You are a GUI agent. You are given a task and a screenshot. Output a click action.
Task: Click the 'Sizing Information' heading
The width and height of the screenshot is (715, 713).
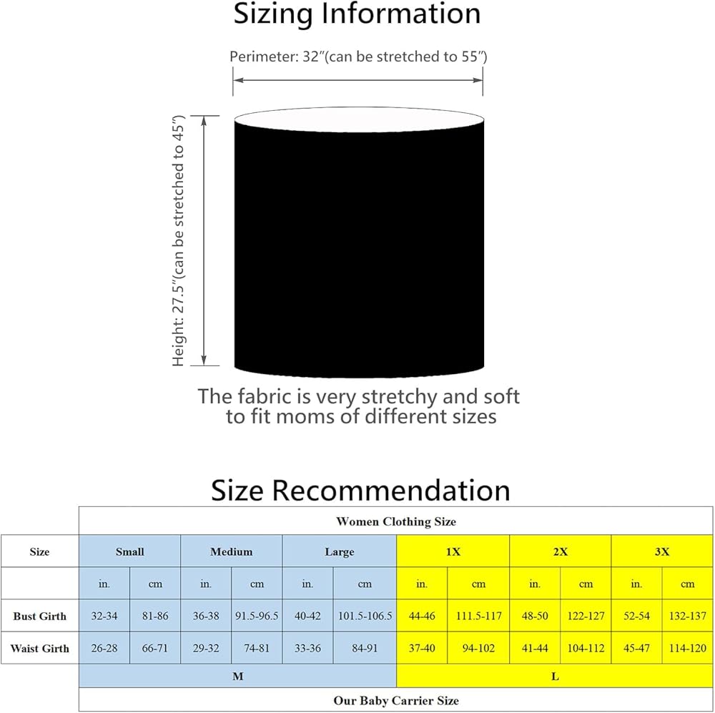point(357,14)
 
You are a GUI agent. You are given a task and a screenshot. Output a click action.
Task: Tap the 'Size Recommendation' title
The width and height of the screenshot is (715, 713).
point(360,491)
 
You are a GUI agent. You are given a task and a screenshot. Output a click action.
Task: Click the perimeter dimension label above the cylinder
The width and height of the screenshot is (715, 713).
point(358,56)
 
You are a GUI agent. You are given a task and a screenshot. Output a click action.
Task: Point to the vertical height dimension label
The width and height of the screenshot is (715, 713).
point(178,240)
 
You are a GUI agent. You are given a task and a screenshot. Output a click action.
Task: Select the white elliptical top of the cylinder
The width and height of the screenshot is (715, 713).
point(359,120)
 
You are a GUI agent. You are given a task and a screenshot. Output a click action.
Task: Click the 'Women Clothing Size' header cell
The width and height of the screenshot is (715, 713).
point(396,521)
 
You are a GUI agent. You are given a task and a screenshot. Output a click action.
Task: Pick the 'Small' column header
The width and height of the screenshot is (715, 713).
point(130,551)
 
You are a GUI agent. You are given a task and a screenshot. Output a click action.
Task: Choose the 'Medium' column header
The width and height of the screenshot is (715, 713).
point(231,551)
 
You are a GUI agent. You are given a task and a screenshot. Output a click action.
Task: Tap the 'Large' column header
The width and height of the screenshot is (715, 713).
point(339,551)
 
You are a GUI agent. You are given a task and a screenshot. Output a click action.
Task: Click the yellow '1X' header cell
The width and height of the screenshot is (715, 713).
point(453,551)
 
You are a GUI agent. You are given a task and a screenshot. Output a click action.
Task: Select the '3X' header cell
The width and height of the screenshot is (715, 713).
point(662,551)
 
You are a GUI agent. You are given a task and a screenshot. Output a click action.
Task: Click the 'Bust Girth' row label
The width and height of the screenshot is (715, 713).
point(39,616)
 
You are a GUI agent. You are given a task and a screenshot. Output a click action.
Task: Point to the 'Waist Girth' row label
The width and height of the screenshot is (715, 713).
point(39,648)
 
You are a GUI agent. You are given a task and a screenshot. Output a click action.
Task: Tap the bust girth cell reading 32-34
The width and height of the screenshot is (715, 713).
point(104,616)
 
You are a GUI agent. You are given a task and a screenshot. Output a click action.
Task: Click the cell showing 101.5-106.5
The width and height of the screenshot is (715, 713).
point(365,616)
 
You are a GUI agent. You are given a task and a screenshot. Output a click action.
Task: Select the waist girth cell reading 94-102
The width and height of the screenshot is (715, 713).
point(478,648)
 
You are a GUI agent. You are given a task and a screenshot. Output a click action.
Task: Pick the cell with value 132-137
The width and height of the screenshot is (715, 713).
point(687,616)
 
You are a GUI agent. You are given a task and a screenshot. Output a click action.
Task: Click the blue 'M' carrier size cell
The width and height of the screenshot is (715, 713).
point(237,676)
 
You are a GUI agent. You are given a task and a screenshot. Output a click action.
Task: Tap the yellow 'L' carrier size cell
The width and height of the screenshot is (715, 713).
point(555,676)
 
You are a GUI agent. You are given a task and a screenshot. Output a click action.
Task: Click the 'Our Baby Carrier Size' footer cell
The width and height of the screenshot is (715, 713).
point(396,700)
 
